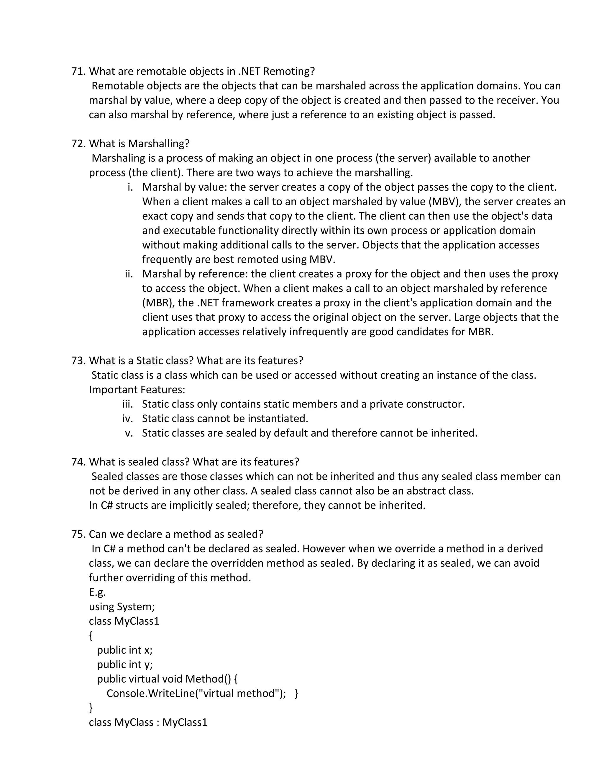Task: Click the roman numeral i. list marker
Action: point(130,187)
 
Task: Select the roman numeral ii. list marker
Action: point(129,274)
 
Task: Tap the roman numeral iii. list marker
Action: point(127,404)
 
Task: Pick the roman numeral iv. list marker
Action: point(127,418)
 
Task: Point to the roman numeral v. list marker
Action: point(129,433)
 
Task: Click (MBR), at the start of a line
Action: point(158,303)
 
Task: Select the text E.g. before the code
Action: point(97,592)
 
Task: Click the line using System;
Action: point(122,606)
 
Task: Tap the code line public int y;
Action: point(124,665)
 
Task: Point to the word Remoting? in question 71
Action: point(289,71)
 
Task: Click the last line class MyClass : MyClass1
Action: point(148,722)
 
